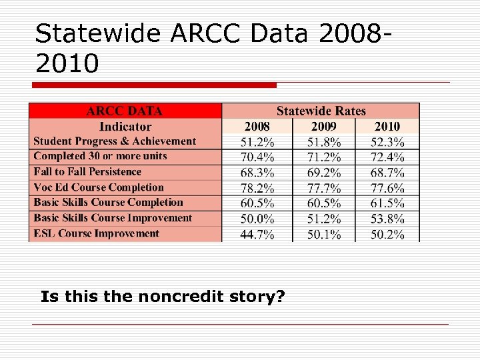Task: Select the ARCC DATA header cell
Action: click(125, 111)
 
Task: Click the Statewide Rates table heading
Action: click(321, 111)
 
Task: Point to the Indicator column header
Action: click(125, 127)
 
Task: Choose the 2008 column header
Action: click(257, 127)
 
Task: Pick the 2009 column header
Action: click(324, 127)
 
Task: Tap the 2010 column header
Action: click(387, 127)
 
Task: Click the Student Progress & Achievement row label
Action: click(115, 141)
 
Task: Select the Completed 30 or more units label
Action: click(100, 156)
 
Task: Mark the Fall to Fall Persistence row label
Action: click(87, 172)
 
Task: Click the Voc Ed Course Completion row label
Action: click(98, 187)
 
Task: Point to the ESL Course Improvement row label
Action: click(96, 233)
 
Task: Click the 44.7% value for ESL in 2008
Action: click(257, 234)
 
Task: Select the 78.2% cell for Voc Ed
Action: click(257, 188)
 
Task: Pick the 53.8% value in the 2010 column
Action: click(388, 219)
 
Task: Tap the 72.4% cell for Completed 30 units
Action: click(388, 157)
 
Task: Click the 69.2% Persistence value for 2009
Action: click(324, 173)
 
